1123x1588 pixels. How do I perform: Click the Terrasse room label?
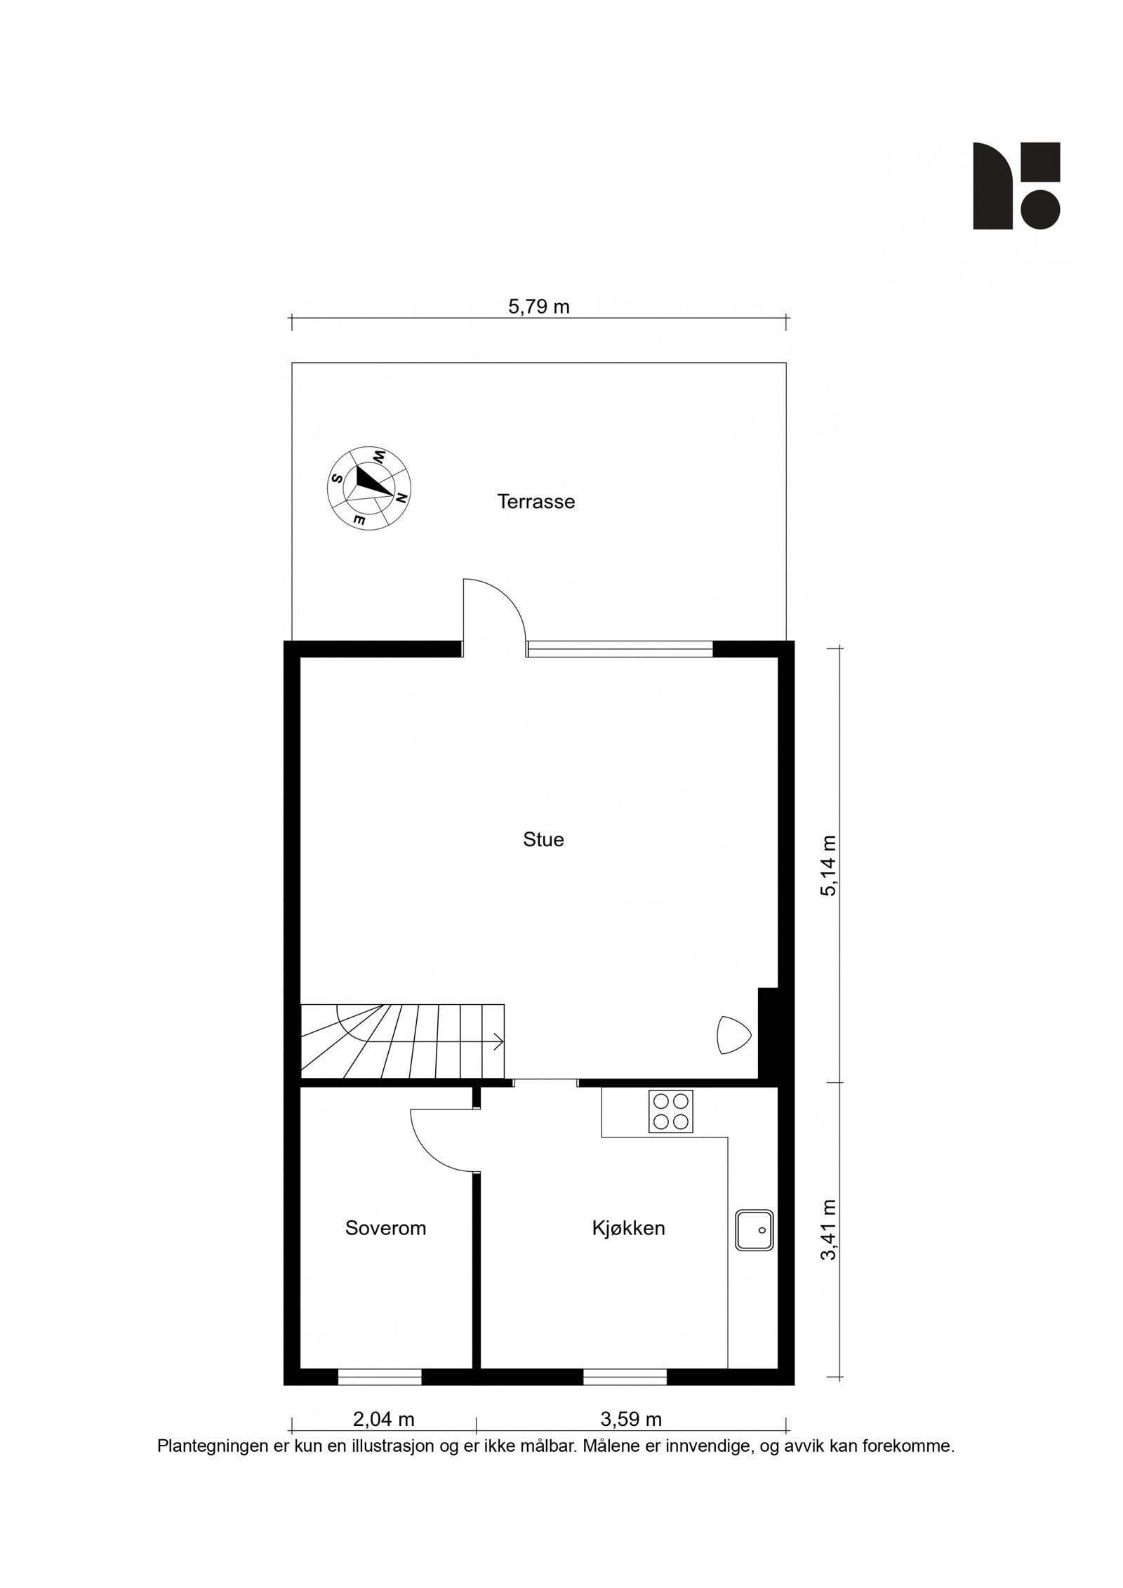tap(536, 502)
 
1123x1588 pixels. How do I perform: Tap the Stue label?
tap(543, 840)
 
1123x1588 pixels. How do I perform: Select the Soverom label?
tap(385, 1228)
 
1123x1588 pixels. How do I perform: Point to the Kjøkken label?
tap(628, 1228)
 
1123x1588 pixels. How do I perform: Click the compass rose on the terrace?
tap(371, 487)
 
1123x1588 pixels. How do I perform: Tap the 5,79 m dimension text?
tap(538, 307)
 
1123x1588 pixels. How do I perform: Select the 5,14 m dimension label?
tap(830, 866)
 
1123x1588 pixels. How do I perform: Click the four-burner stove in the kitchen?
tap(671, 1111)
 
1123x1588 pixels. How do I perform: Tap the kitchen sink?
tap(755, 1229)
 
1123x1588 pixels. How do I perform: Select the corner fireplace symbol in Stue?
tap(732, 1036)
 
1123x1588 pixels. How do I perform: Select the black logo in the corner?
tap(1016, 186)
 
